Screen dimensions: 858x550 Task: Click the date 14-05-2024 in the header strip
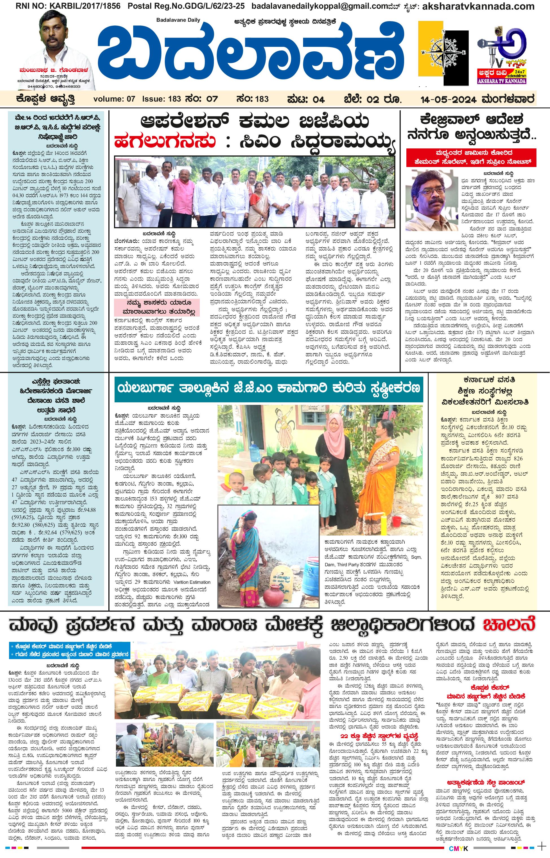click(x=448, y=99)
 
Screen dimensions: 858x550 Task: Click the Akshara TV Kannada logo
click(x=501, y=54)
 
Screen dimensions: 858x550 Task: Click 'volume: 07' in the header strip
click(x=114, y=99)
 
